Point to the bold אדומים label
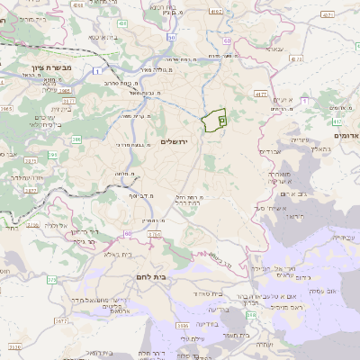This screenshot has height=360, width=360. pos(346,135)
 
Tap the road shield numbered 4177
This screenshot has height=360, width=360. pos(261,93)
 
